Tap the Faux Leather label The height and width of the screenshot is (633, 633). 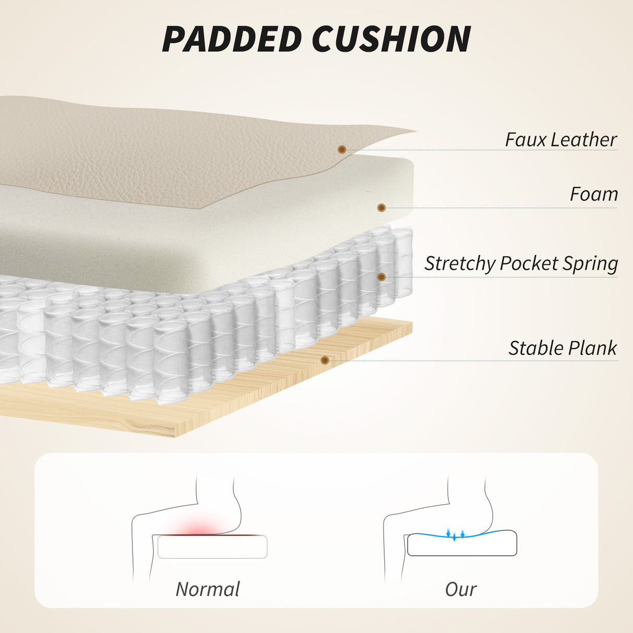click(x=561, y=140)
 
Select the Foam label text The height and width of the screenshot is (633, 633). click(x=594, y=194)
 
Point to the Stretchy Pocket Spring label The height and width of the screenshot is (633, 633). click(x=521, y=264)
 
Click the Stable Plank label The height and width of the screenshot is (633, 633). click(x=563, y=348)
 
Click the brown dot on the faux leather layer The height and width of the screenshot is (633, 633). click(x=342, y=150)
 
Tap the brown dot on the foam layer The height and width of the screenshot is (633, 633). click(x=381, y=208)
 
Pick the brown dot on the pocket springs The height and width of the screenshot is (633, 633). click(x=381, y=277)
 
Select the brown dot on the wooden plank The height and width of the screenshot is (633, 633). click(x=325, y=360)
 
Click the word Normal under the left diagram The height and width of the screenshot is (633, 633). click(x=208, y=589)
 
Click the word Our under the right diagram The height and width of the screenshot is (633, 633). click(x=461, y=589)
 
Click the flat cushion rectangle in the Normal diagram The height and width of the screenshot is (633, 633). click(x=213, y=546)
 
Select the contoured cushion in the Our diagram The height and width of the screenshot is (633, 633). click(x=462, y=543)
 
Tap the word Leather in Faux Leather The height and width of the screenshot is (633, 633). click(x=584, y=140)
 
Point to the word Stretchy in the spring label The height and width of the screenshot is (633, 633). click(x=460, y=264)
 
